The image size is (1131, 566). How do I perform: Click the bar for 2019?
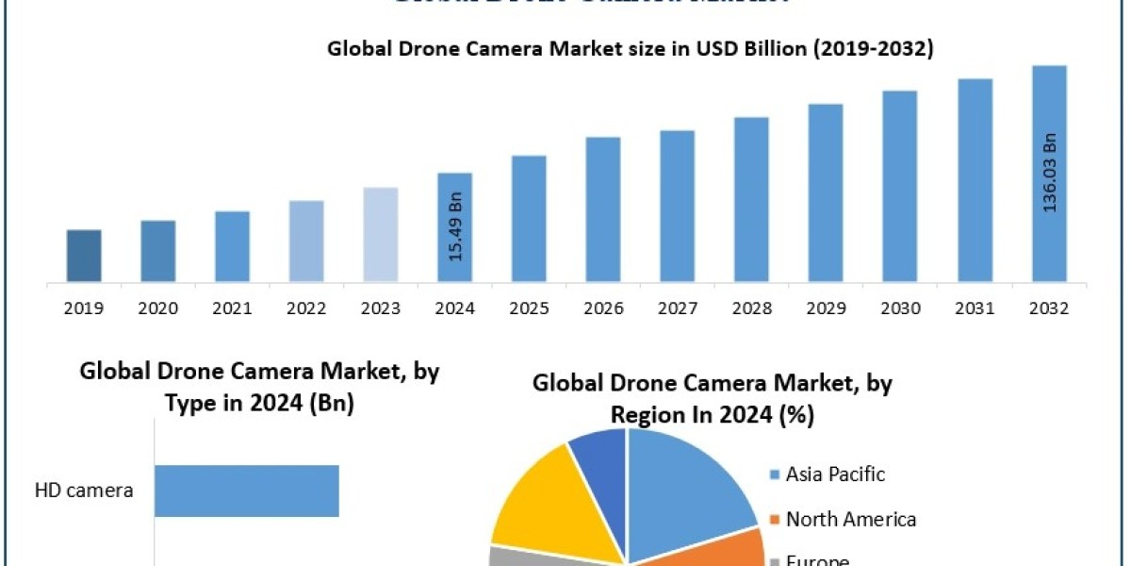coord(84,256)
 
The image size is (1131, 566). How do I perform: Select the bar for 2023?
coord(381,234)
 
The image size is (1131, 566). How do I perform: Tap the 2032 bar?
coord(1049,174)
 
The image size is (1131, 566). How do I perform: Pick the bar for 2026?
coord(603,209)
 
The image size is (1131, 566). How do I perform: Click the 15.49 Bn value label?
coord(456,228)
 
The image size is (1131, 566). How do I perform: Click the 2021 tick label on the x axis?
coord(233,308)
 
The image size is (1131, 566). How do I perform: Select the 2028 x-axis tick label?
coord(752,308)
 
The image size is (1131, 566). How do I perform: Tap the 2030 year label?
coord(901,308)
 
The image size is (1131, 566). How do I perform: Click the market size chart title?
coord(630,50)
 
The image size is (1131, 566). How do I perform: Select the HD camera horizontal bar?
coord(246,491)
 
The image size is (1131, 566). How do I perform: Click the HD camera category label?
coord(84,491)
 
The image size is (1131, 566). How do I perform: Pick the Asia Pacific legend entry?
coord(835,474)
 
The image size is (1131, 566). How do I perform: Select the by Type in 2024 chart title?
coord(259,387)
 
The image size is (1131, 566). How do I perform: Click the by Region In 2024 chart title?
coord(713,399)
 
